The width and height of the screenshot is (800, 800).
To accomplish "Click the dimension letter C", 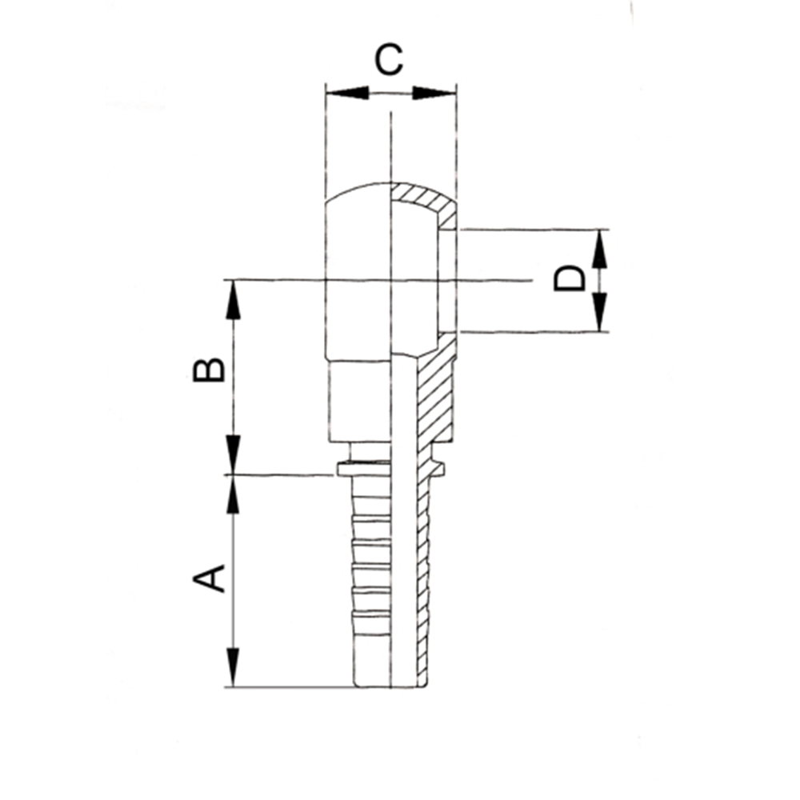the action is pyautogui.click(x=389, y=60).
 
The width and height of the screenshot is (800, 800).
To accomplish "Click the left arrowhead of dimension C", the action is pyautogui.click(x=347, y=93).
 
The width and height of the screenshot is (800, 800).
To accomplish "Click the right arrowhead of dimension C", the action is pyautogui.click(x=434, y=93).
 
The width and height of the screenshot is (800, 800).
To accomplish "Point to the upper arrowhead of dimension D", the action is pyautogui.click(x=600, y=250).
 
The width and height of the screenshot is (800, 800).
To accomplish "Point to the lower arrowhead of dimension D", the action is pyautogui.click(x=600, y=311).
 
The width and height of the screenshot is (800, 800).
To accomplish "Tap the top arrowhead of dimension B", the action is pyautogui.click(x=234, y=300).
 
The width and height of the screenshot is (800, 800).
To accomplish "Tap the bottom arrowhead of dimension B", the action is pyautogui.click(x=234, y=454).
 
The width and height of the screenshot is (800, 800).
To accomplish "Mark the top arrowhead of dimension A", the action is pyautogui.click(x=234, y=495).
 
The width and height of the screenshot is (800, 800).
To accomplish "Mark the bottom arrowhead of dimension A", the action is pyautogui.click(x=234, y=667).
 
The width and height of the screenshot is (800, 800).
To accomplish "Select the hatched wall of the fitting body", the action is pyautogui.click(x=434, y=393).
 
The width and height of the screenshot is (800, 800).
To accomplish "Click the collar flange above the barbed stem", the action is pyautogui.click(x=391, y=468).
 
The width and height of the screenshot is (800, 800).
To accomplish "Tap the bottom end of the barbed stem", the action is pyautogui.click(x=391, y=686).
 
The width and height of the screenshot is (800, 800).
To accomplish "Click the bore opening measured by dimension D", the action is pyautogui.click(x=447, y=281).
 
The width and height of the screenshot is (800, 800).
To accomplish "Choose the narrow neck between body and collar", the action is pyautogui.click(x=391, y=452).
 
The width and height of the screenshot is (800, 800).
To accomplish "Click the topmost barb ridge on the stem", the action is pyautogui.click(x=370, y=519).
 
